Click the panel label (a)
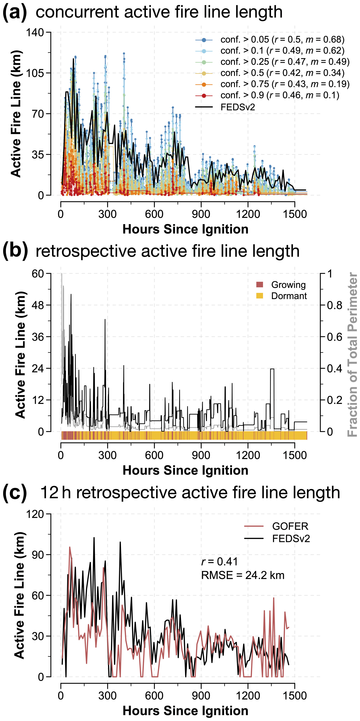(15, 13)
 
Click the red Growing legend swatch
(260, 285)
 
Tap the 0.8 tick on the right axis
(335, 305)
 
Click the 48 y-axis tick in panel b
(38, 305)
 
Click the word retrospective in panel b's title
(85, 251)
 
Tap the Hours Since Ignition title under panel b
(185, 470)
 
